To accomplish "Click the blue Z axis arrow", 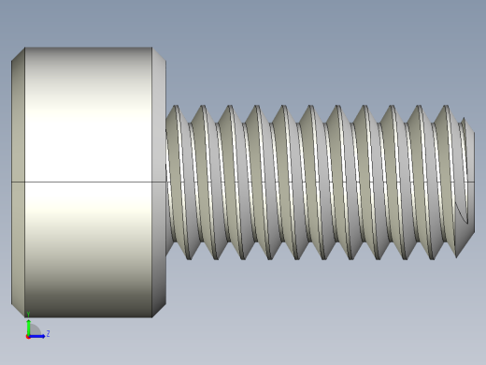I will pyautogui.click(x=39, y=334).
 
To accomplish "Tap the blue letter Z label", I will pyautogui.click(x=48, y=333).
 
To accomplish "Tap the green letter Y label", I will pyautogui.click(x=28, y=314).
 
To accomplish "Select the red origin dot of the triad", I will pyautogui.click(x=28, y=335).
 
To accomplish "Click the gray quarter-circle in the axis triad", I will pyautogui.click(x=33, y=330).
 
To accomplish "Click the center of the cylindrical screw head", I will pyautogui.click(x=89, y=182).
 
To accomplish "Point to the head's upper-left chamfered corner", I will pyautogui.click(x=18, y=54).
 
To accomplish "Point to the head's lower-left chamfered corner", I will pyautogui.click(x=18, y=310).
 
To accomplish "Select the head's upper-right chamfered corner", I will pyautogui.click(x=159, y=54).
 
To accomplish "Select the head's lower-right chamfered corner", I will pyautogui.click(x=159, y=310).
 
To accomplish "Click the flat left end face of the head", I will pyautogui.click(x=18, y=182).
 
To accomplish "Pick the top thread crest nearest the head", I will pyautogui.click(x=175, y=107).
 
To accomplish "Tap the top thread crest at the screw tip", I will pyautogui.click(x=462, y=119).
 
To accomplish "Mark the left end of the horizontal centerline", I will pyautogui.click(x=12, y=182).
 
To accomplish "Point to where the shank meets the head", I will pyautogui.click(x=167, y=182).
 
